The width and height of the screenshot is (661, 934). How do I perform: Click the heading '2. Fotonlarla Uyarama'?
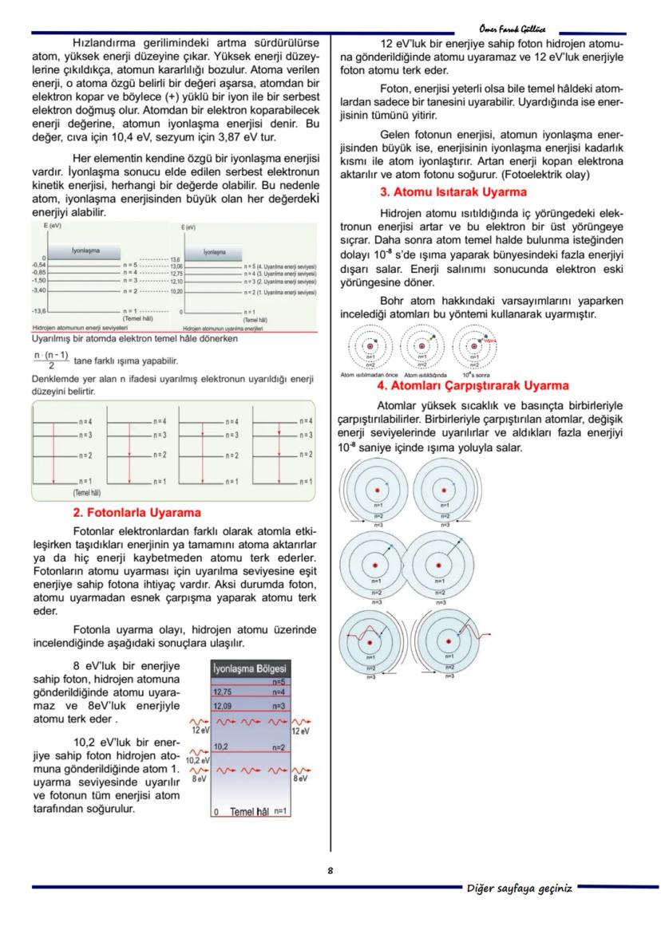click(x=137, y=512)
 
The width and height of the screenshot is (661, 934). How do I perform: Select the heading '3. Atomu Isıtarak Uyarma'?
click(x=453, y=192)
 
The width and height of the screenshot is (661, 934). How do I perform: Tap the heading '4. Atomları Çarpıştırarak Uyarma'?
click(x=473, y=385)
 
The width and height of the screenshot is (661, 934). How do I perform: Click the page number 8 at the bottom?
click(x=330, y=870)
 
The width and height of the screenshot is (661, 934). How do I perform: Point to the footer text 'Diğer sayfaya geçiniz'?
click(x=519, y=889)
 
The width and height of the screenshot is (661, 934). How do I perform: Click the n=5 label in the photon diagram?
click(x=279, y=682)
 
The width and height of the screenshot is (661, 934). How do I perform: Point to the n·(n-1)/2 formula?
click(x=51, y=360)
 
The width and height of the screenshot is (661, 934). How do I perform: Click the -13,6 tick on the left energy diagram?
click(x=38, y=309)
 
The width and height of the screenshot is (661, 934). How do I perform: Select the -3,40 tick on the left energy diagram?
click(x=38, y=290)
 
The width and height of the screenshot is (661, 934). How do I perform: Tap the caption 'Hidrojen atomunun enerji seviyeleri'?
click(x=74, y=328)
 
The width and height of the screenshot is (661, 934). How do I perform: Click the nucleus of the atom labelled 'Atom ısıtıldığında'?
click(x=422, y=346)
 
